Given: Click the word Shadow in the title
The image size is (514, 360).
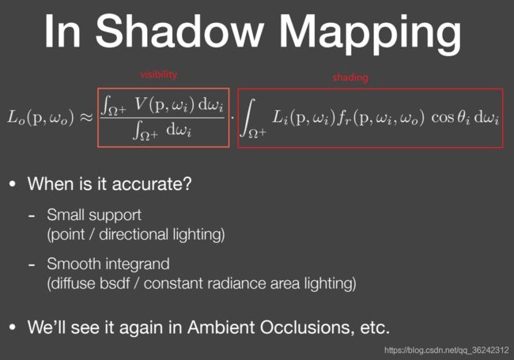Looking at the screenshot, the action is click(x=180, y=31).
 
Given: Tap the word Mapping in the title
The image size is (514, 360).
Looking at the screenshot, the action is click(x=370, y=34).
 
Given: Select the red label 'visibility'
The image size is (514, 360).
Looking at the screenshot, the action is click(x=159, y=74).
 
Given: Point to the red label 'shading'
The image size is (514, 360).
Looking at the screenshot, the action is click(x=350, y=78).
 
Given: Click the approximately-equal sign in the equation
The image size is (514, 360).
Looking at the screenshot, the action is click(x=87, y=117).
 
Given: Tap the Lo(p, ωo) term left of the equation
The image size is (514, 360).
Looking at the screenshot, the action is click(x=40, y=117).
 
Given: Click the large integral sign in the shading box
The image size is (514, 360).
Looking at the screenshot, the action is click(x=248, y=117).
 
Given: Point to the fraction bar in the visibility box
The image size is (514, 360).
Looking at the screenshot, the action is click(x=163, y=117).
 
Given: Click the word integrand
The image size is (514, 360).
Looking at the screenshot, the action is click(x=138, y=264).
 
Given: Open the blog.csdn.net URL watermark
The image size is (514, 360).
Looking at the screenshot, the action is click(x=447, y=351).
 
